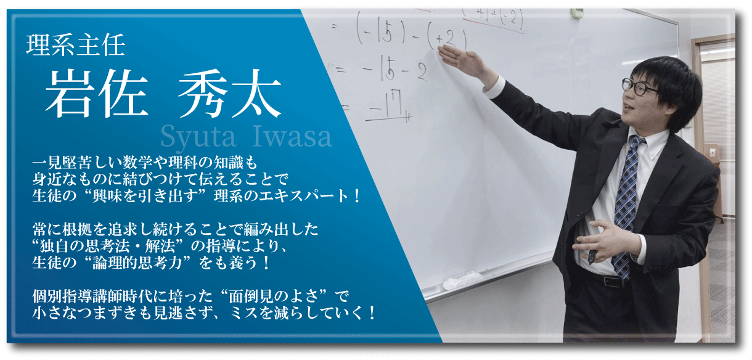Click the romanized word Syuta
pyautogui.click(x=198, y=137)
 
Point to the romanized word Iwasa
pyautogui.click(x=292, y=136)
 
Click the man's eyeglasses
pyautogui.click(x=640, y=88)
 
